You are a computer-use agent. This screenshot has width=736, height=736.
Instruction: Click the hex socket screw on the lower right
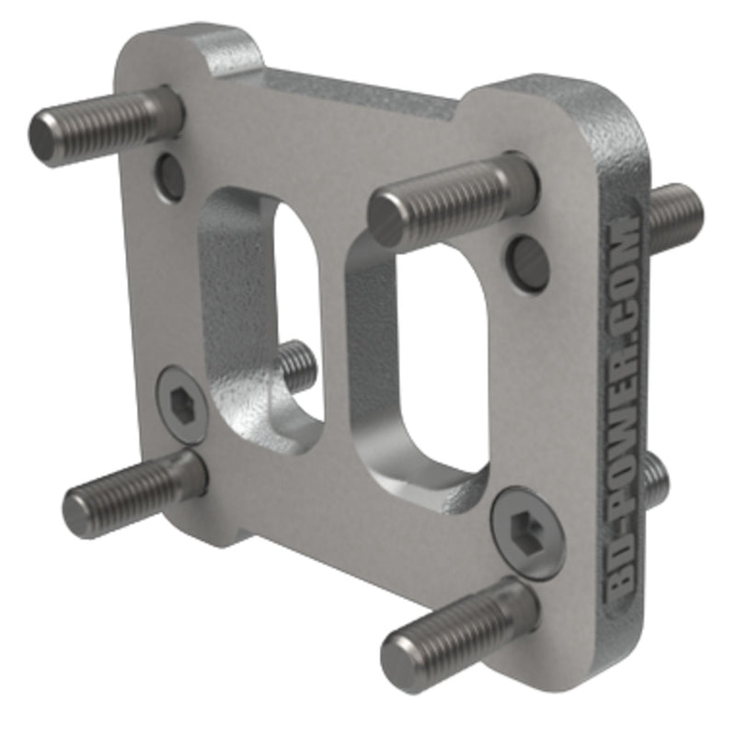[x=526, y=531]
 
